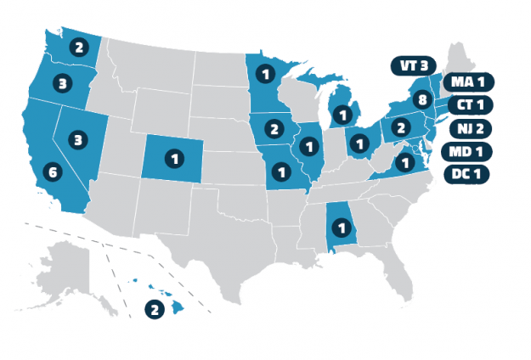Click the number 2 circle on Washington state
(x=77, y=48)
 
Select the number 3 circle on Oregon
(x=64, y=83)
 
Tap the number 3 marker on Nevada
(x=77, y=139)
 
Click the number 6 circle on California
(x=53, y=172)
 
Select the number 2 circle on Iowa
(x=274, y=129)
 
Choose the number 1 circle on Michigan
(x=342, y=113)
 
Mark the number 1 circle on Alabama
(x=341, y=228)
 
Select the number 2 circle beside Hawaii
(x=155, y=310)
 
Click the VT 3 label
(x=415, y=65)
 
